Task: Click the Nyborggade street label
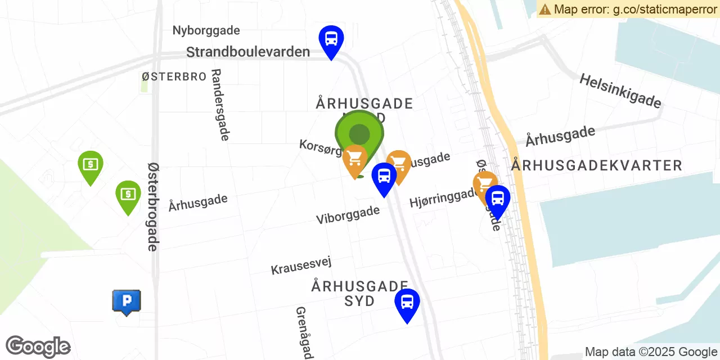click(206, 30)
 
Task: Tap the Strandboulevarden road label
click(247, 52)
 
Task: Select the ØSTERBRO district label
click(174, 76)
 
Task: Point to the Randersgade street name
click(220, 105)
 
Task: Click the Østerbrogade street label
click(153, 206)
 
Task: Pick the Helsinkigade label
click(620, 91)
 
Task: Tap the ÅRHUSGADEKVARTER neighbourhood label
click(597, 165)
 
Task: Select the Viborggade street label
click(348, 214)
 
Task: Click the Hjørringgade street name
click(443, 197)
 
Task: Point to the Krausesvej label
click(301, 265)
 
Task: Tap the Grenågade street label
click(304, 332)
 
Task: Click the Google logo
click(38, 347)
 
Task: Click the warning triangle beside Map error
click(544, 9)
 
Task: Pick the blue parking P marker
click(127, 301)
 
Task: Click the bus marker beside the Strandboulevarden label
click(331, 39)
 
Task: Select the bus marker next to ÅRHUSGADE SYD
click(407, 303)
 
